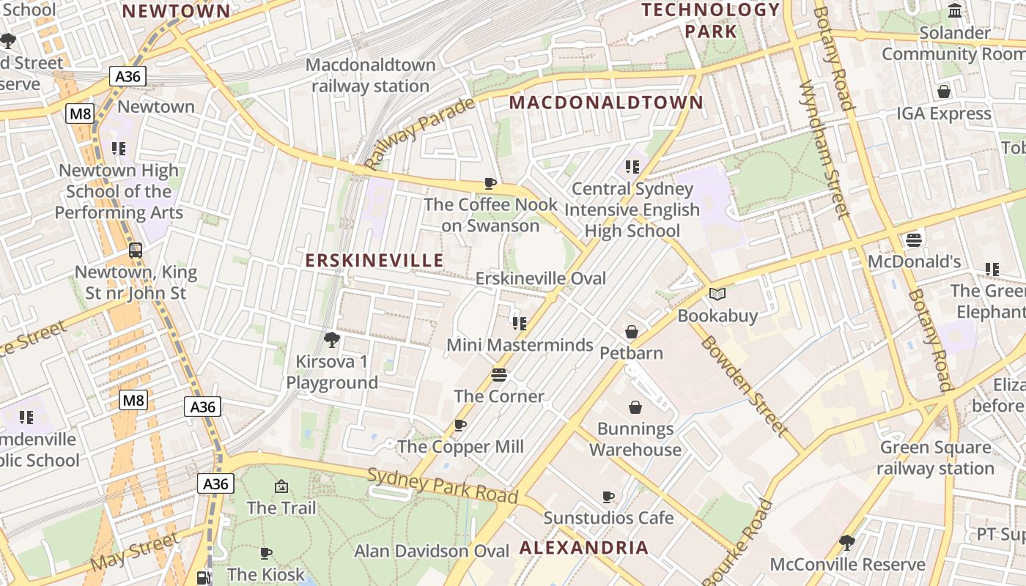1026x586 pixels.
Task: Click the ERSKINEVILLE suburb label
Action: coord(374,261)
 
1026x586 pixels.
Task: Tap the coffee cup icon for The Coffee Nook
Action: coord(490,183)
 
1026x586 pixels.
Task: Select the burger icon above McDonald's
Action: coord(913,240)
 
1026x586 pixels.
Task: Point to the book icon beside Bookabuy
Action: coord(717,294)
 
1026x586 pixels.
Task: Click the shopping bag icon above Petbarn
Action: coord(632,332)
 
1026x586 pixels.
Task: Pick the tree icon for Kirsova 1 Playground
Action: coord(331,339)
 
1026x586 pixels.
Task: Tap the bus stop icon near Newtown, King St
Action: coord(136,250)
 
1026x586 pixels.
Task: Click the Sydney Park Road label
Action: coord(443,486)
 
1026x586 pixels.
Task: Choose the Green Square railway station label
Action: coord(935,458)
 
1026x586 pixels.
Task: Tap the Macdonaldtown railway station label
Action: coord(370,75)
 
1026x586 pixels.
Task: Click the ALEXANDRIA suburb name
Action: coord(584,547)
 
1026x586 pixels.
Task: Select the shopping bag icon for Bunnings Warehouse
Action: coord(635,407)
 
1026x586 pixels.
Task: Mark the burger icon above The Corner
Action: coord(499,375)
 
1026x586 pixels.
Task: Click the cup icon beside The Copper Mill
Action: coord(460,425)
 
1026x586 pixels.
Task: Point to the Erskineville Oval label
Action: coord(541,278)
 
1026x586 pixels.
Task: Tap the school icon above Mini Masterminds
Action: coord(520,323)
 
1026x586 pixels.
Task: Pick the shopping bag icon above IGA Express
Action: coord(944,92)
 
